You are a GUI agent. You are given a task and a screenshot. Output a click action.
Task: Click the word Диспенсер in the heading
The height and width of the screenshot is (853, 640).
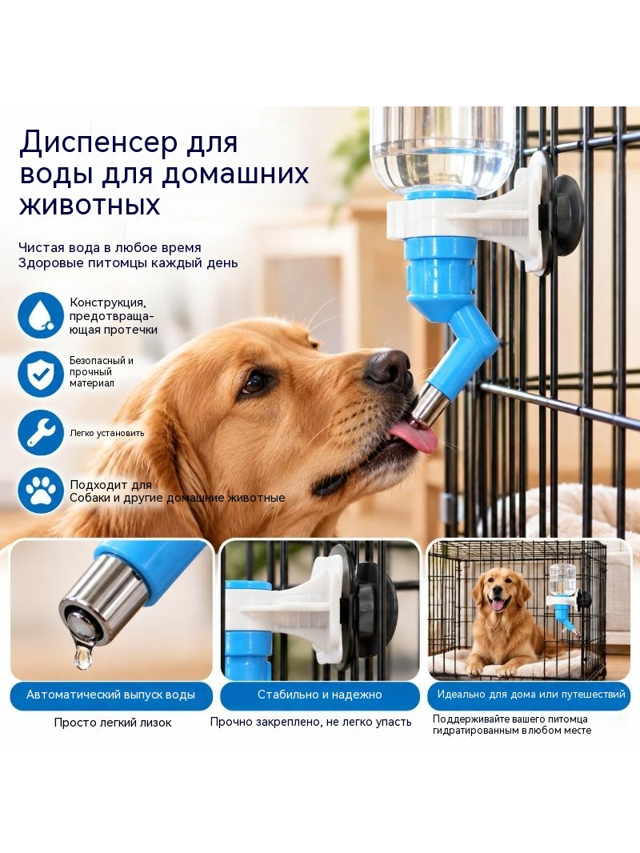click(x=99, y=142)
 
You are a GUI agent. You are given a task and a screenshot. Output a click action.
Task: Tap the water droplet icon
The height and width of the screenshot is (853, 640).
click(x=41, y=315)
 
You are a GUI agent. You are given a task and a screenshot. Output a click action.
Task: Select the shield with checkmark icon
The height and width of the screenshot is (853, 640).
click(x=41, y=374)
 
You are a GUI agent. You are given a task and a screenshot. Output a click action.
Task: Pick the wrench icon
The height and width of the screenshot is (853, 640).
click(x=41, y=432)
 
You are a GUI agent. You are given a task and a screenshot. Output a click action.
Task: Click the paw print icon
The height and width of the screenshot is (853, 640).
click(x=41, y=491)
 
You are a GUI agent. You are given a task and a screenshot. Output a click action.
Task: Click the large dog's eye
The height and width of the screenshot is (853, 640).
click(x=254, y=382)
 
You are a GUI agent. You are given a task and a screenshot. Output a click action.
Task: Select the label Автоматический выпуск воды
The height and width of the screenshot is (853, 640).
click(x=111, y=695)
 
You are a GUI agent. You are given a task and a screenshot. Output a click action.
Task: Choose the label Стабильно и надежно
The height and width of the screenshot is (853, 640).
click(x=320, y=695)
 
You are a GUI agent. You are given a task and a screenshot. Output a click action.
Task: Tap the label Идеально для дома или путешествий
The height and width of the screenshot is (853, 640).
click(x=531, y=694)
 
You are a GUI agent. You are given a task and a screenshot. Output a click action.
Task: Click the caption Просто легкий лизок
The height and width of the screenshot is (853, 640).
click(x=113, y=723)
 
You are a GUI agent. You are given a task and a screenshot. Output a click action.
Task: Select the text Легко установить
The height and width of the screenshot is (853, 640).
click(x=106, y=434)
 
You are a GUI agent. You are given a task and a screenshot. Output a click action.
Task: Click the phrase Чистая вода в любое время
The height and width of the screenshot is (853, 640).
click(x=110, y=247)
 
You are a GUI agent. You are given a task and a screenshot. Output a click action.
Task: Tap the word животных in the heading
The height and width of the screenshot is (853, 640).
click(x=90, y=205)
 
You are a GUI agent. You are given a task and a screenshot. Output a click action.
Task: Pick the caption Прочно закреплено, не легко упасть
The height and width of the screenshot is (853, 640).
click(x=310, y=723)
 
